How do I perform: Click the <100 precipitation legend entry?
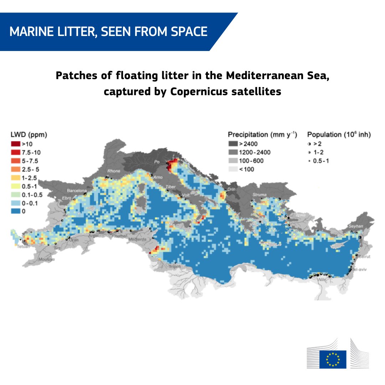[246, 169]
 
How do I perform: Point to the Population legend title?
[339, 135]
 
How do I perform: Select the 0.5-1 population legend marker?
[309, 161]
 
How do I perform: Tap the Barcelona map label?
[77, 191]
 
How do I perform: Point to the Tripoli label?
[175, 266]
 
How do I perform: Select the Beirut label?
[365, 257]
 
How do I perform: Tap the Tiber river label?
[170, 186]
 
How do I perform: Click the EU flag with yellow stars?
[333, 359]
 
